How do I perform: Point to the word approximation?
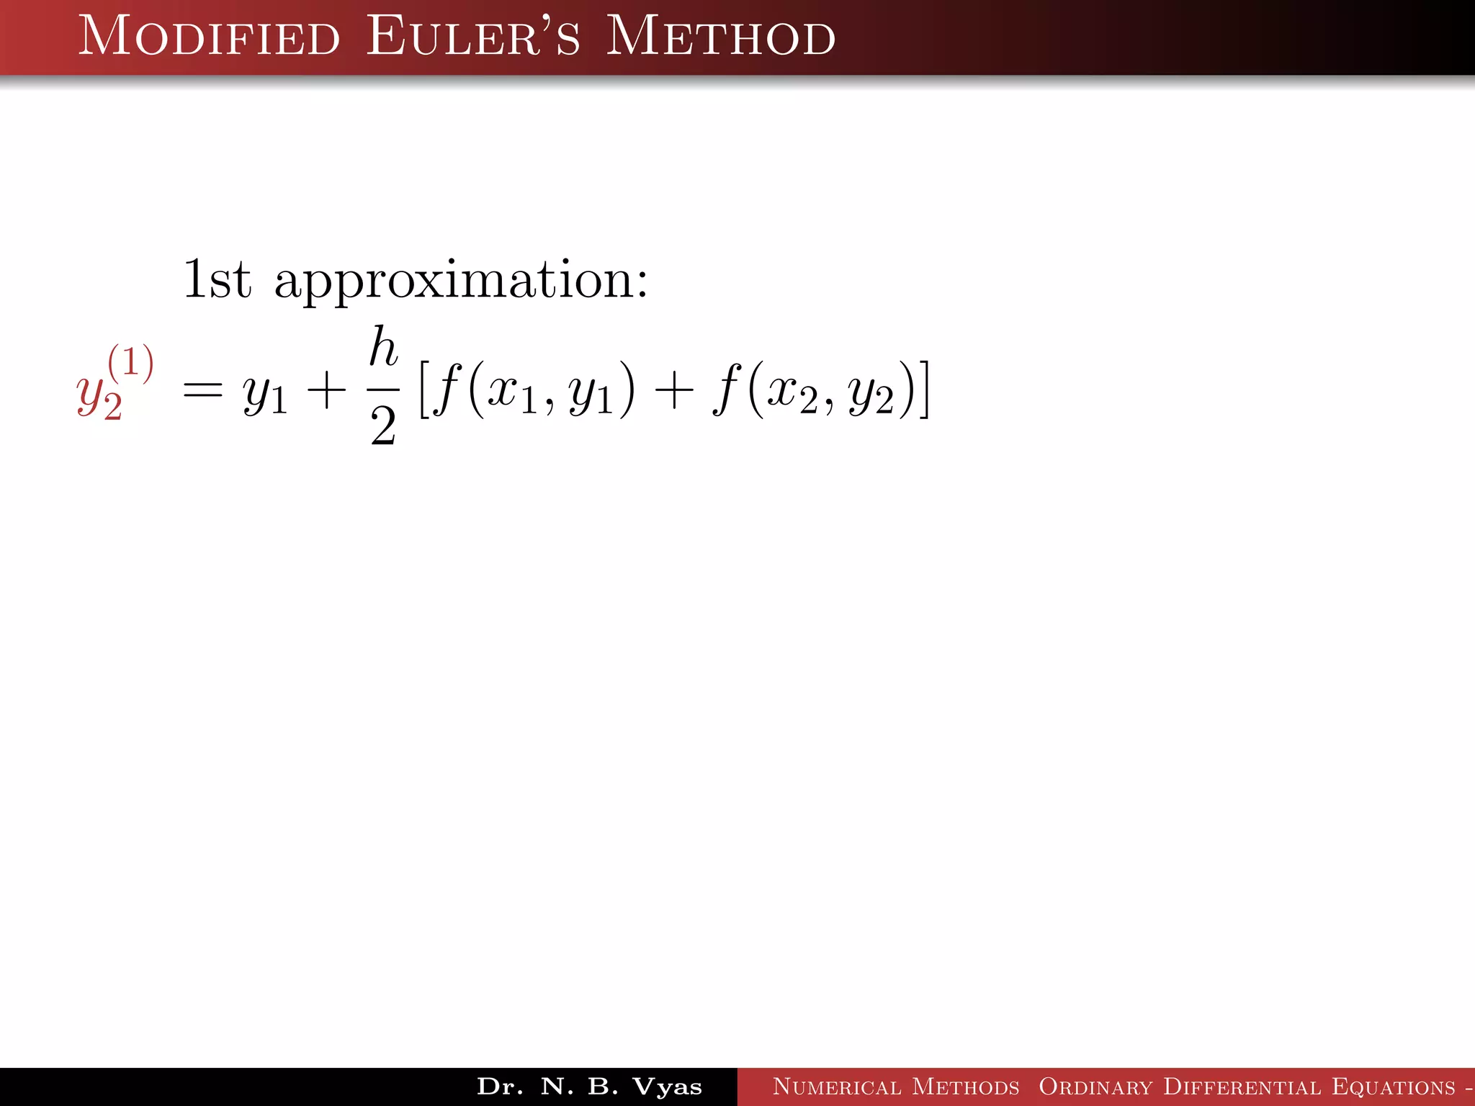[461, 281]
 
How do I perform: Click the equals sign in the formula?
[202, 392]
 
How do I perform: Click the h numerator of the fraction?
[383, 347]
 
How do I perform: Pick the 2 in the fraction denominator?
[383, 426]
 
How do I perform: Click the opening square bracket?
[424, 390]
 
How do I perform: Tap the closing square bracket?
[923, 390]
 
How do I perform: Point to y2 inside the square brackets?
[871, 396]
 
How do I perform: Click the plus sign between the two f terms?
[673, 392]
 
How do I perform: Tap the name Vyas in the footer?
[667, 1087]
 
